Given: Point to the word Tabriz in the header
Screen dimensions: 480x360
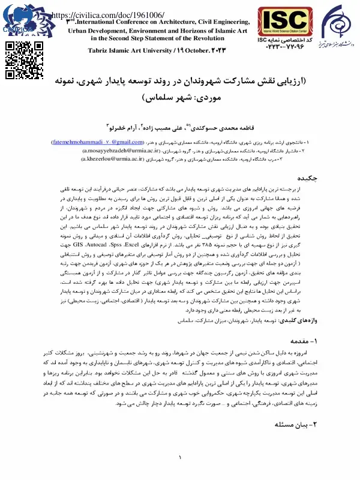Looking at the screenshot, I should [x=100, y=50].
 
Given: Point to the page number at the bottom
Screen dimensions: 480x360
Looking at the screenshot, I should [x=180, y=458].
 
